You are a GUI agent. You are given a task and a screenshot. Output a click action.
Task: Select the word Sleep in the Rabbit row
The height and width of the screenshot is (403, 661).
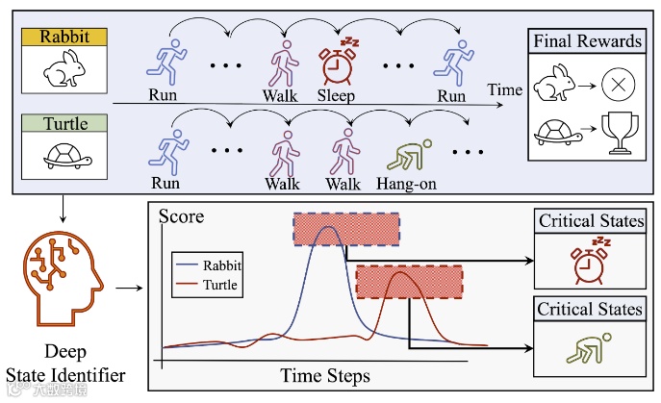336,96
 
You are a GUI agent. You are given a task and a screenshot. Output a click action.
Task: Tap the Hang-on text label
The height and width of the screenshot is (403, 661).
411,183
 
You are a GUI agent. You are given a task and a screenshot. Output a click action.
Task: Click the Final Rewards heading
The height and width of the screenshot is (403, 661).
587,41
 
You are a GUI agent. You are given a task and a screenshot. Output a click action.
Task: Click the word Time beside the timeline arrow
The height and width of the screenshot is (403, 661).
505,90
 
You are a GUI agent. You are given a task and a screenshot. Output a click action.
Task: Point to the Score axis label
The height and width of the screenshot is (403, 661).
181,216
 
